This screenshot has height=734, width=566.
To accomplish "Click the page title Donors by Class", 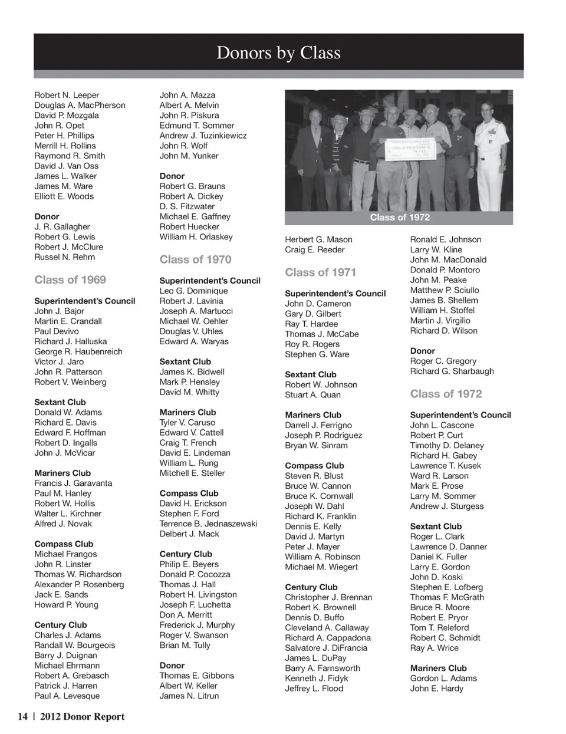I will coord(278,53).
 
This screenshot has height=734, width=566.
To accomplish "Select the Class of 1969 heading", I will coord(70,280).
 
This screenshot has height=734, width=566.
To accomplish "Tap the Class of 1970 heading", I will coord(195,259).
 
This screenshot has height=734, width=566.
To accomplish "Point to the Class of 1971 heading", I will coord(320,272).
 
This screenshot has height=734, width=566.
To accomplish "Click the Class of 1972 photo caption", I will coord(400,218).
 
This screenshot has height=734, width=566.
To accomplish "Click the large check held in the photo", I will coord(413,150).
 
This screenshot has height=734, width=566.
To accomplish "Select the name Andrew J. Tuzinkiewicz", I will coord(203,136).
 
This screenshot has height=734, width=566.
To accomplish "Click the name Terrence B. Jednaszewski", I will coord(208,524).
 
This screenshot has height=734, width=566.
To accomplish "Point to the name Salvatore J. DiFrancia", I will coord(326,648).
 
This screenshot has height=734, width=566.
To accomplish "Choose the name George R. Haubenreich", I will coord(78,351).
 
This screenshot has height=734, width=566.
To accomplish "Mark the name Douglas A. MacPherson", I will coord(80,105).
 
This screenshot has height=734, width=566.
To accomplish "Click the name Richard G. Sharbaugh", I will coord(452,371).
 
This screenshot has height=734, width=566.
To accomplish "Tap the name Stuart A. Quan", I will coord(312,395).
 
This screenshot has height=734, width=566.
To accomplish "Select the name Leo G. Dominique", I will coord(193,291).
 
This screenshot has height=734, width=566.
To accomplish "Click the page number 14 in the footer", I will coord(23,717).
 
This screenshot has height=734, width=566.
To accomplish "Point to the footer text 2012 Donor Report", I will coord(82,717).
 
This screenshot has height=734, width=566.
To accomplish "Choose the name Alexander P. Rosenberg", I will coord(79,584).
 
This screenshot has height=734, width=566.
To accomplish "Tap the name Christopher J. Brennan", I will coord(328,597).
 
